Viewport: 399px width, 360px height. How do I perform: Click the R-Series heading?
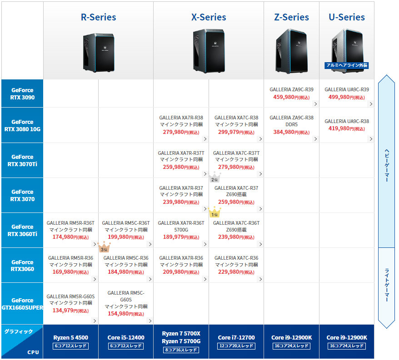coord(99,17)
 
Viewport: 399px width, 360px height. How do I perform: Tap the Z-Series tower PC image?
coord(291,51)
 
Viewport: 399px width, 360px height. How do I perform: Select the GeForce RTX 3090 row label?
coord(22,94)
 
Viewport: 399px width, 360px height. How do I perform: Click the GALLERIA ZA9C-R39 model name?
coord(291,89)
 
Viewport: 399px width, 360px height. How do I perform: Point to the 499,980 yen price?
coord(347,97)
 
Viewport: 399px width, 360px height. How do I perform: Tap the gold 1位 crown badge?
coord(214,212)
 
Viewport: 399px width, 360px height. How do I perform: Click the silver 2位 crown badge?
coord(214,177)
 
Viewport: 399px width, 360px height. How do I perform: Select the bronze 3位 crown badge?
coord(104,247)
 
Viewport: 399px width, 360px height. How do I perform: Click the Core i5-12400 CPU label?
coord(126,338)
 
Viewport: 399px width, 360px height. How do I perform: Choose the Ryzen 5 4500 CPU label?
coord(71,338)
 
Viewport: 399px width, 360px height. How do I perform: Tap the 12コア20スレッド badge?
coord(236,346)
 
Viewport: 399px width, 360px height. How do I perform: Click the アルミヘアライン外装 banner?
coord(347,65)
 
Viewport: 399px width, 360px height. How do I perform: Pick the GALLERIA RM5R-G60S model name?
coord(70,296)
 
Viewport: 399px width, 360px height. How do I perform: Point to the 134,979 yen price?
coord(70,311)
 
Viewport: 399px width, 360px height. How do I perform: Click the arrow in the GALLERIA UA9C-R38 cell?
coord(371,139)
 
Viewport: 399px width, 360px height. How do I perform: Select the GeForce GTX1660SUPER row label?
coord(22,304)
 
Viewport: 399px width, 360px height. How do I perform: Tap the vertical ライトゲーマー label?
coord(387,285)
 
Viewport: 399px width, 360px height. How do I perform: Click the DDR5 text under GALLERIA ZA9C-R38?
coord(291,124)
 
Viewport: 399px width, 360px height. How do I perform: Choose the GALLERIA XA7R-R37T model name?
coord(181,153)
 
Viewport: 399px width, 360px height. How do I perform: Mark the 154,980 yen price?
coord(126,314)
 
